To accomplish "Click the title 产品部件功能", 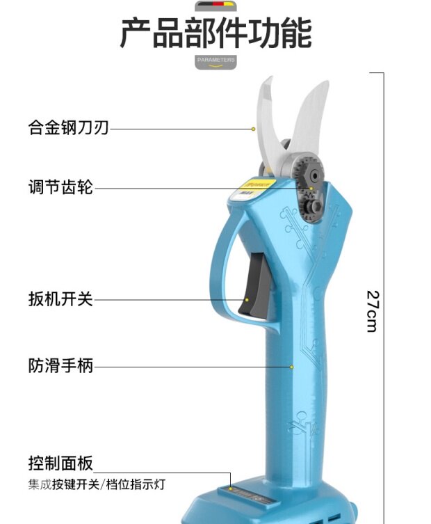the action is (215, 33).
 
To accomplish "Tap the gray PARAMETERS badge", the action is (215, 61).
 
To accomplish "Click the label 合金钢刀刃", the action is (68, 128).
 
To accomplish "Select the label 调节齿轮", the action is (60, 187).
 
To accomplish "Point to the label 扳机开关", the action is (60, 300).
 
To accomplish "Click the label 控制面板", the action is (60, 463).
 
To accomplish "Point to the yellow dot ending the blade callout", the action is (254, 129).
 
